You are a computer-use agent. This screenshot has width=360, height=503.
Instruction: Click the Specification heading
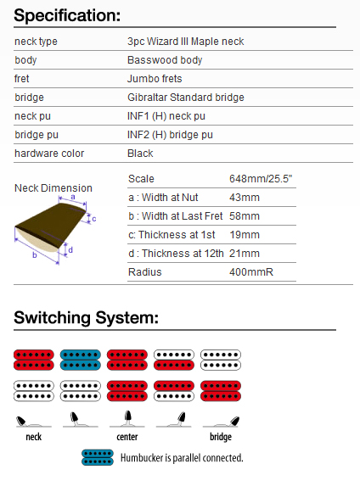click(x=67, y=15)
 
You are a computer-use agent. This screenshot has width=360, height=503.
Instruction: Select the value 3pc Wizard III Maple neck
click(x=186, y=42)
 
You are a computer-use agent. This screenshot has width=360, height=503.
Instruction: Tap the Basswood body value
click(x=165, y=60)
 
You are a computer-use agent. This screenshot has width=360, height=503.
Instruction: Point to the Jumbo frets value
click(x=155, y=79)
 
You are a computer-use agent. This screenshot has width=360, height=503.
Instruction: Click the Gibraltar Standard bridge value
click(x=186, y=98)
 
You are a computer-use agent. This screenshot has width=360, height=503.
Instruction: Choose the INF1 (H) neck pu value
click(x=166, y=116)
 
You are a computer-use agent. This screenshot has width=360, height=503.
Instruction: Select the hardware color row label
click(x=49, y=154)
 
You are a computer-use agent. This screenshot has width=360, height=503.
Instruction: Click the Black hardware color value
click(x=140, y=154)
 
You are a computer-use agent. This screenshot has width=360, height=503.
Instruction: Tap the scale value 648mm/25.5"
click(x=261, y=179)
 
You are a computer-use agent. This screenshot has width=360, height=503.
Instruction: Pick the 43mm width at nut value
click(x=245, y=198)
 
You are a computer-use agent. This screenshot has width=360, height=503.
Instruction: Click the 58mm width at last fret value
click(x=245, y=216)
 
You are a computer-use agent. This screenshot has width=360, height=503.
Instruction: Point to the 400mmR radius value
click(x=251, y=272)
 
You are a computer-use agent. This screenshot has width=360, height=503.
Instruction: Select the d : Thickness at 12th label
click(x=176, y=254)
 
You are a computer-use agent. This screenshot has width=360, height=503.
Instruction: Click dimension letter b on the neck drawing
click(x=34, y=255)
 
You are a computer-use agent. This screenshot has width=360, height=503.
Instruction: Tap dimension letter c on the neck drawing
click(x=93, y=219)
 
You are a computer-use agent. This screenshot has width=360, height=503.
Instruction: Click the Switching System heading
click(x=86, y=317)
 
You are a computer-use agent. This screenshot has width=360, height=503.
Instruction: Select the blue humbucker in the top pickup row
click(x=81, y=360)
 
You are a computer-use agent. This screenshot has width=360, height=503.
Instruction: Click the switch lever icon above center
click(x=127, y=419)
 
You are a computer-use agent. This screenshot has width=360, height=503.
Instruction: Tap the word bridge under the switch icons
click(x=221, y=437)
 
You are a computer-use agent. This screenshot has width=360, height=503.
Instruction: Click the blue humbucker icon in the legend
click(x=98, y=458)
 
